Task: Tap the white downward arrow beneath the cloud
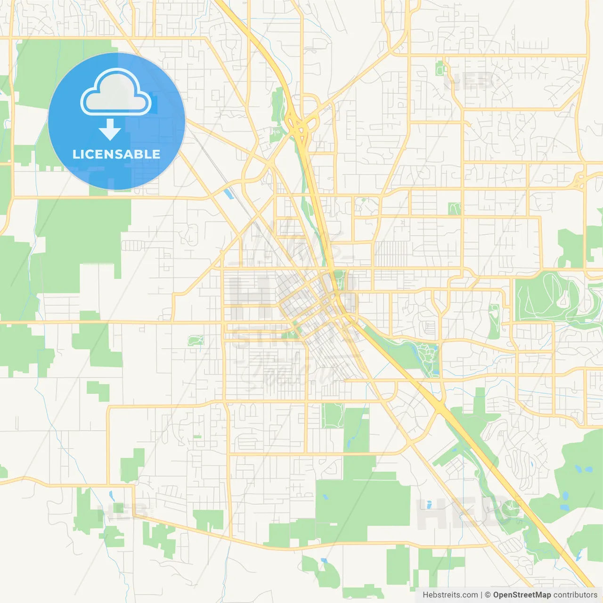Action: click(x=110, y=130)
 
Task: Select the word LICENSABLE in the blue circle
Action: click(x=116, y=154)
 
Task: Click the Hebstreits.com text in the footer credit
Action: click(x=450, y=595)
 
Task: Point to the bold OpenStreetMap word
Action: click(x=522, y=595)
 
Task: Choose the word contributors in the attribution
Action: click(x=575, y=595)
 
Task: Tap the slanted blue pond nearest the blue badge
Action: click(x=228, y=194)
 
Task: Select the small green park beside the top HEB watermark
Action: click(x=440, y=68)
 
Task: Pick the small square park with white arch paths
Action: click(x=454, y=208)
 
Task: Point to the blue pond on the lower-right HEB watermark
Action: click(x=429, y=505)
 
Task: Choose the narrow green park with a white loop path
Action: click(x=494, y=320)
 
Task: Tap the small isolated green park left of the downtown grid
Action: click(x=196, y=340)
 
